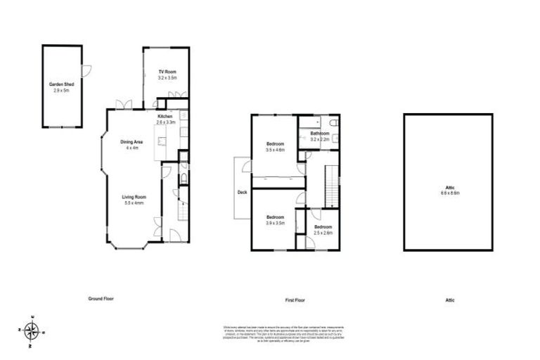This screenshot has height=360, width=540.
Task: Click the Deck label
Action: pyautogui.click(x=242, y=192)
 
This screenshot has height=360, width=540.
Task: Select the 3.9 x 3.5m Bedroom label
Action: pyautogui.click(x=275, y=219)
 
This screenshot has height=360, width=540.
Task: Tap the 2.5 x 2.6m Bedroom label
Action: pyautogui.click(x=323, y=230)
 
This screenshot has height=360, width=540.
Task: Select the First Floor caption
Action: pyautogui.click(x=295, y=300)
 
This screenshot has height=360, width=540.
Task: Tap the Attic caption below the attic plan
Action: pyautogui.click(x=450, y=300)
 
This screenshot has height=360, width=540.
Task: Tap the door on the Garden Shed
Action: pyautogui.click(x=85, y=70)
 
